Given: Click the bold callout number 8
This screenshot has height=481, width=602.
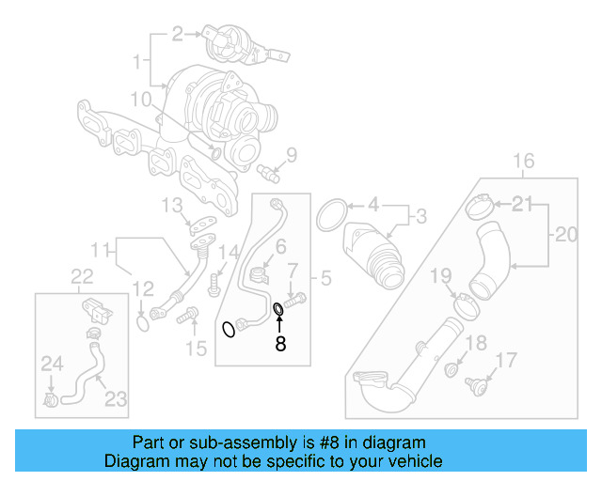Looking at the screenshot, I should [279, 344].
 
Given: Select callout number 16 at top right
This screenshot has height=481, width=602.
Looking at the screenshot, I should [524, 160].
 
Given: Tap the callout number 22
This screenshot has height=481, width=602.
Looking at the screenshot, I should [83, 275].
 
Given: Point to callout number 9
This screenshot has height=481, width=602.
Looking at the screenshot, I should [291, 154].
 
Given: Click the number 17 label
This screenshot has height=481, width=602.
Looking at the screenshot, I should [506, 359].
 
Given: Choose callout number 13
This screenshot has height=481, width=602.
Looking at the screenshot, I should [170, 205].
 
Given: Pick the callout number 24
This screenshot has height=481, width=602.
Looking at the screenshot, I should [50, 362].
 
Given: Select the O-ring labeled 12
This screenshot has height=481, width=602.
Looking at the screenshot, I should [141, 324].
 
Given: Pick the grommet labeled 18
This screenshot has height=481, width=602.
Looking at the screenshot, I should [454, 367].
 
